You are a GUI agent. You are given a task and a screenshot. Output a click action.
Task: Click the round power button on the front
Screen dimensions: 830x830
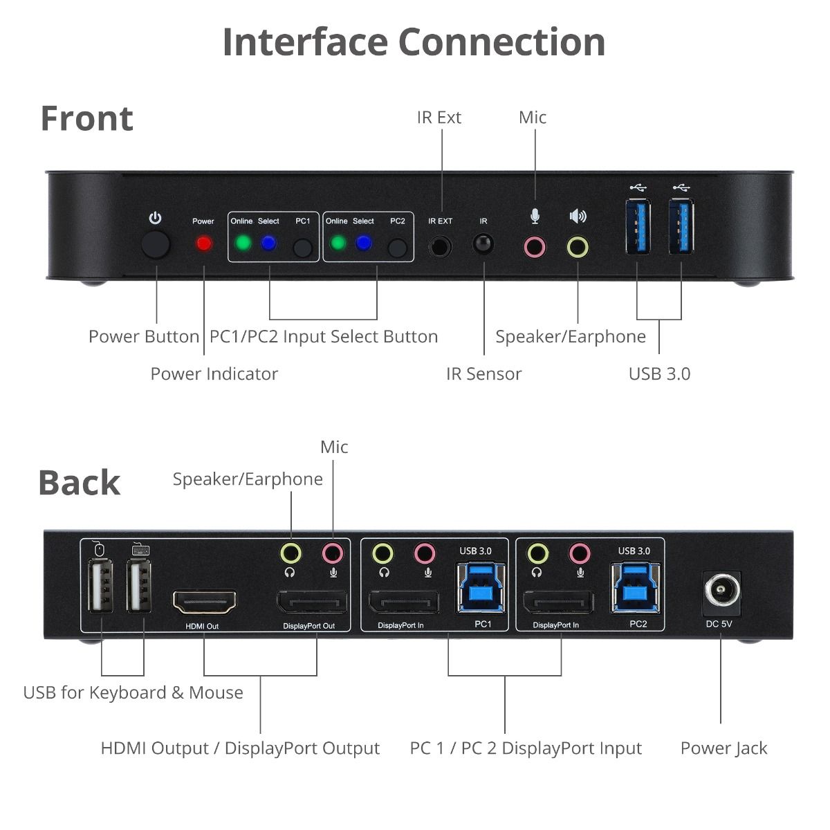pos(155,246)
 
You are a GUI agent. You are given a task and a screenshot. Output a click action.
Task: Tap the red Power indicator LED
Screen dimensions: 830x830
pos(203,243)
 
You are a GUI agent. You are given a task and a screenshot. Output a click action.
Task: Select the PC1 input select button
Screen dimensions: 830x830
pos(302,248)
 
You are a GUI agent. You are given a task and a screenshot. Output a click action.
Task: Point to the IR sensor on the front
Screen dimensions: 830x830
pos(483,244)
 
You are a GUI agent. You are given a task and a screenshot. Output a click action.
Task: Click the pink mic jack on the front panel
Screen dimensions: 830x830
pos(534,246)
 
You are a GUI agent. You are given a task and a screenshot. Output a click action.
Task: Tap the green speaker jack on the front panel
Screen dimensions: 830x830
pos(578,246)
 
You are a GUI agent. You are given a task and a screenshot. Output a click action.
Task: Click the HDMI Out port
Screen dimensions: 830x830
pos(204,603)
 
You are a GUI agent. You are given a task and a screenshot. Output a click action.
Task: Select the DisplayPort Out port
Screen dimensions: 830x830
pos(313,603)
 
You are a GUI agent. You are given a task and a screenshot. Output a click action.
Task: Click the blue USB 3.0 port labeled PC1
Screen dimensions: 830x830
pos(481,589)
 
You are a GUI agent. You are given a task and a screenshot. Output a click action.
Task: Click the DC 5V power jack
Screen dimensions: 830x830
pos(721,593)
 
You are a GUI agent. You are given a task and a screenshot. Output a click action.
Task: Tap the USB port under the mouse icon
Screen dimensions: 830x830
pos(101,587)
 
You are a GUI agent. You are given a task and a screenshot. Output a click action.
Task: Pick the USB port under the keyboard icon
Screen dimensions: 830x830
pos(140,587)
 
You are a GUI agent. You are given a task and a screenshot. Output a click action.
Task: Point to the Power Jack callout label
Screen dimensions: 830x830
pos(723,748)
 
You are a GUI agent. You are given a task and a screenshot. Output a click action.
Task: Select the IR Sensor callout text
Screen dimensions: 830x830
pos(483,373)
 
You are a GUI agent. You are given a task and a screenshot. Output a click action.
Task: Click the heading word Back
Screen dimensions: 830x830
pos(79,483)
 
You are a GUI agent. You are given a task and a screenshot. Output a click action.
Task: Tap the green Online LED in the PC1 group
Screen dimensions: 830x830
pos(243,243)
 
